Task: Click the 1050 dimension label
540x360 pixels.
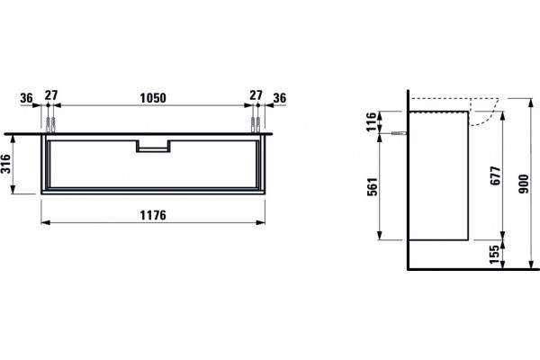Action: tap(153, 98)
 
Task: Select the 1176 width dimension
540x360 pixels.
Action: tap(153, 215)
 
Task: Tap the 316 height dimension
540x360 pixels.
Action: tap(6, 164)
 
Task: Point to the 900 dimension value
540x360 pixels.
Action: tap(524, 184)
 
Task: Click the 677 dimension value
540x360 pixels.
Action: tap(495, 175)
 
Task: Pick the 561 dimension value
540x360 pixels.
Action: tap(373, 186)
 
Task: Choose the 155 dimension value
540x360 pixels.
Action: tap(494, 254)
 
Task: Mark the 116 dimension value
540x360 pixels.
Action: tap(371, 122)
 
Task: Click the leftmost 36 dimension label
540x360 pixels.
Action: tap(26, 98)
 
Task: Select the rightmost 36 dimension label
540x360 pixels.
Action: tap(280, 98)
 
